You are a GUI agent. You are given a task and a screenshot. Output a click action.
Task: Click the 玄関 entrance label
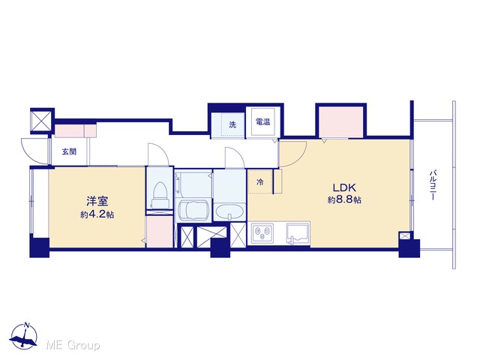(69, 151)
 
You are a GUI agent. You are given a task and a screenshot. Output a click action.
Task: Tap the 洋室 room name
(97, 202)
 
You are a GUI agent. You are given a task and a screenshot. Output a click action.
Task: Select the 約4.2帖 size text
(97, 214)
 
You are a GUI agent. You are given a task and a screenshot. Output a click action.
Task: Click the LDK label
(344, 187)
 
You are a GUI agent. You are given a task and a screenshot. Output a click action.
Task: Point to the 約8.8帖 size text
(344, 200)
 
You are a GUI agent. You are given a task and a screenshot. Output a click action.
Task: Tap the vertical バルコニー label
(432, 185)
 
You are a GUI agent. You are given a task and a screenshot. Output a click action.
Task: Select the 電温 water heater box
(262, 121)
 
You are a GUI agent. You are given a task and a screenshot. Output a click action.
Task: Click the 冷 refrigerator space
(260, 181)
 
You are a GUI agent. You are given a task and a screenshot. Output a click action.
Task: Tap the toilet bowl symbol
(160, 195)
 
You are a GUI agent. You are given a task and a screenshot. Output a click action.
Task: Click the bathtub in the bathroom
(193, 211)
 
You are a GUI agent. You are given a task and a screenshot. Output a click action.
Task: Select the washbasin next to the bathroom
(229, 211)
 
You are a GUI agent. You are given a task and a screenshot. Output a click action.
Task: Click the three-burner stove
(262, 233)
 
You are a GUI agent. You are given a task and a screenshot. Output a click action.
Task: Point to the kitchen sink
(298, 233)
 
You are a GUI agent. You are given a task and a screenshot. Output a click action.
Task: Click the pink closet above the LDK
(341, 122)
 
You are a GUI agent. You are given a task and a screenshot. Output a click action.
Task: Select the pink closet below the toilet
(160, 231)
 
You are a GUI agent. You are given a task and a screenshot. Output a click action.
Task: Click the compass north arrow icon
(23, 335)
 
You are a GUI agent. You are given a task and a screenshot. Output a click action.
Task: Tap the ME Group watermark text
(73, 345)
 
